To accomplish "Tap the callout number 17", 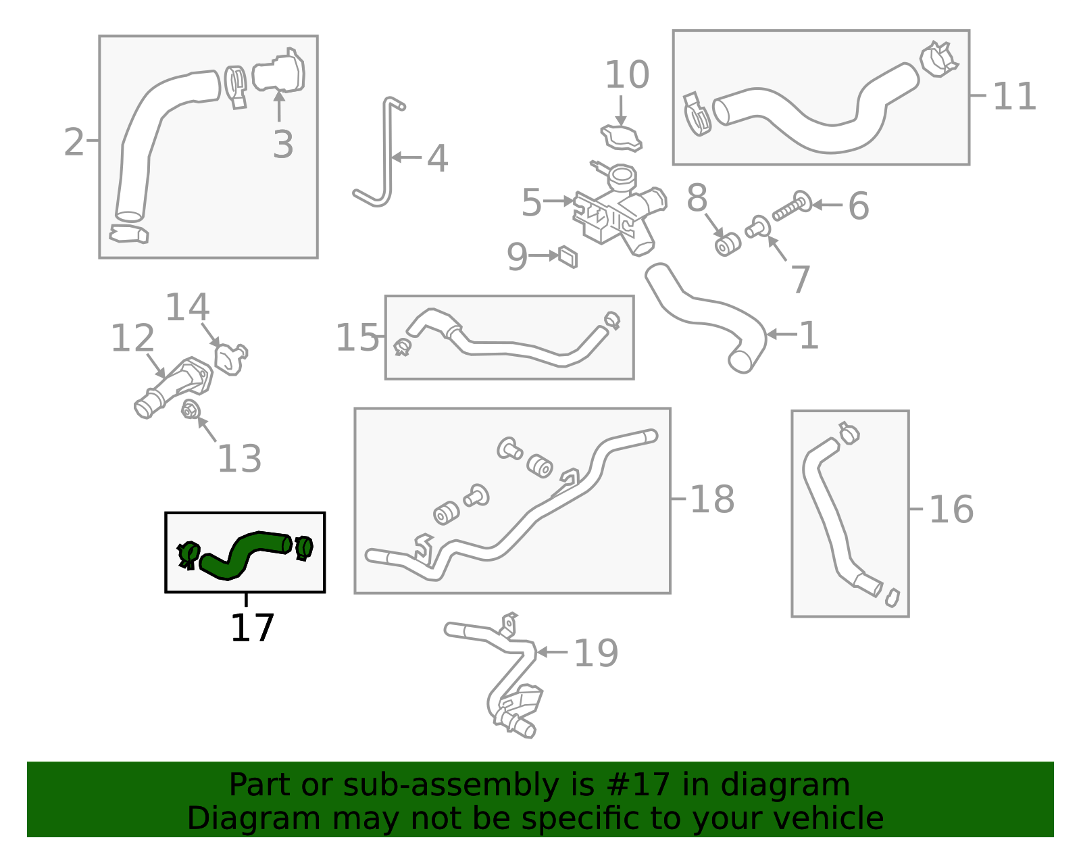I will [x=252, y=628].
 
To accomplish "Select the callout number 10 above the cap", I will [x=626, y=75].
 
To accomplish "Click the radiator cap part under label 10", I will [x=621, y=138].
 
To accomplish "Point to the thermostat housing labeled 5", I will [x=618, y=213].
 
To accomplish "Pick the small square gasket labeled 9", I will [x=568, y=257].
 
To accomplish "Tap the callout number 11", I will [x=1013, y=97].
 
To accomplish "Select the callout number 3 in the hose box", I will [x=283, y=145].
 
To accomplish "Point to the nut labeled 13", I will [x=190, y=409].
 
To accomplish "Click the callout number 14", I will [x=187, y=308].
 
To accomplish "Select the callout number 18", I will [x=711, y=500].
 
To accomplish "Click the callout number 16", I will [x=951, y=510].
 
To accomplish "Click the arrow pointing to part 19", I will [x=551, y=652].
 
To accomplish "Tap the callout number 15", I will [x=357, y=337].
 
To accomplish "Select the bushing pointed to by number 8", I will [x=727, y=245].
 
